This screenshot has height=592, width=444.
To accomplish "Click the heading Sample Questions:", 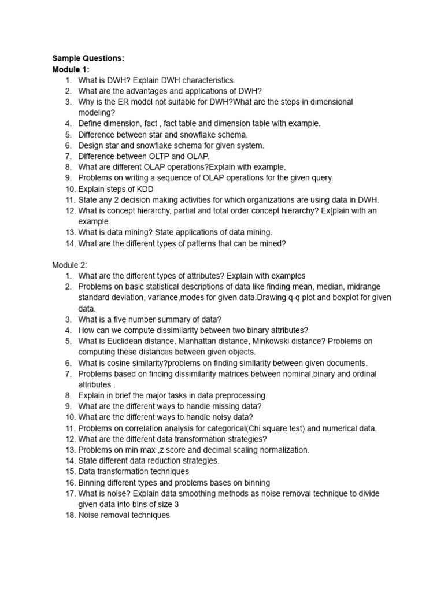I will point(88,58).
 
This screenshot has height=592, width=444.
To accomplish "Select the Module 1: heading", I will point(71,69).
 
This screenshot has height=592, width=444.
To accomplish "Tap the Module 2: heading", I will point(69,265).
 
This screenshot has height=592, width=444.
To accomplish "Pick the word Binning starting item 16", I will point(92,483).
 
